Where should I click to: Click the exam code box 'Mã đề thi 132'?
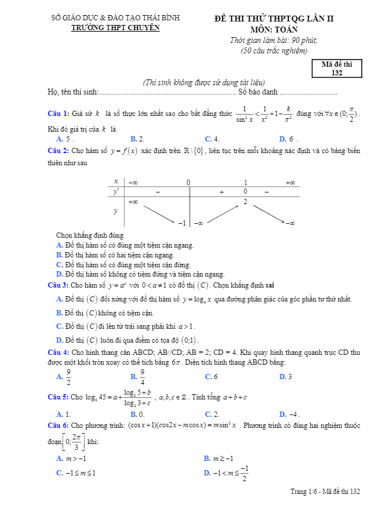pos(337,68)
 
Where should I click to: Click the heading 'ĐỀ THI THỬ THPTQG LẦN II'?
pos(274,19)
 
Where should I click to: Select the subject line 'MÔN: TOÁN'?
pos(274,29)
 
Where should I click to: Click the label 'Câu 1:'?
pos(59,113)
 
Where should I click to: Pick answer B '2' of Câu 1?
pos(138,139)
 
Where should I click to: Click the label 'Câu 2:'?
pos(59,151)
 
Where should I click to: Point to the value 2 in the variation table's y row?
pos(245,202)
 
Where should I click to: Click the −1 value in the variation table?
pos(181,223)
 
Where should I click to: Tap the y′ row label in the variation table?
pos(116,191)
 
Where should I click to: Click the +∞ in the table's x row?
pos(290,183)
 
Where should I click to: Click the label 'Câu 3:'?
pos(59,285)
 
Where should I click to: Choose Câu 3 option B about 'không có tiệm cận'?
pos(109,313)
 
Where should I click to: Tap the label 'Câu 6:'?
pos(59,426)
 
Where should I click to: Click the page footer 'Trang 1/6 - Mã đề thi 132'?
pos(325,492)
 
